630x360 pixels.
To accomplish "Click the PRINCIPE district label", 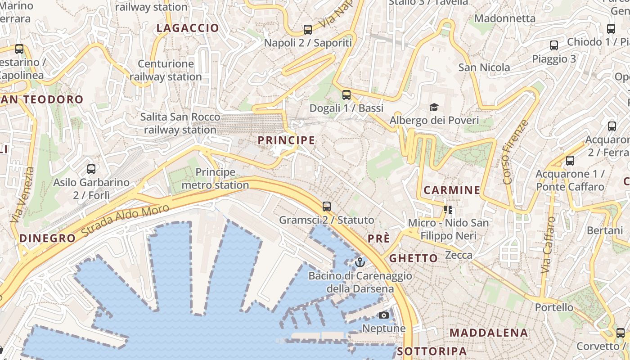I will click(286, 140).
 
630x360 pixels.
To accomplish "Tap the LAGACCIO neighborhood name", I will click(188, 28).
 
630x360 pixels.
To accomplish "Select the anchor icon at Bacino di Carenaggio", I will click(359, 262).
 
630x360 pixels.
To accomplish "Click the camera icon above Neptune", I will click(384, 315).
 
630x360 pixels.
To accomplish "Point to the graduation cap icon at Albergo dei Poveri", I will click(434, 107).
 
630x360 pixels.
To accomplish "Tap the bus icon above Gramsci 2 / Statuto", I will click(326, 207).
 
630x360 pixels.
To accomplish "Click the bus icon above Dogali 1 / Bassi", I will click(346, 95).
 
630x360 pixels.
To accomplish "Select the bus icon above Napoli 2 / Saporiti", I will click(308, 30).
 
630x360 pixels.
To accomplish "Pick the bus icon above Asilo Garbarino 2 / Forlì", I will click(91, 169).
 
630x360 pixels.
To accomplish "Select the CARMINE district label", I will click(452, 190).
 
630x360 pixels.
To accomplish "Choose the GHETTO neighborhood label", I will click(413, 258).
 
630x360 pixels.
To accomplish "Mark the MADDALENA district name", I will click(488, 333).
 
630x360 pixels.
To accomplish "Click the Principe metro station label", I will click(215, 179).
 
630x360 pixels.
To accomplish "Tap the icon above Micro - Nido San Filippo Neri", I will click(448, 210).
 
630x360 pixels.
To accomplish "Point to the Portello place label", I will click(554, 308).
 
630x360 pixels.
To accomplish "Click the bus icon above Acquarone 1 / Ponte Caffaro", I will click(570, 160).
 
